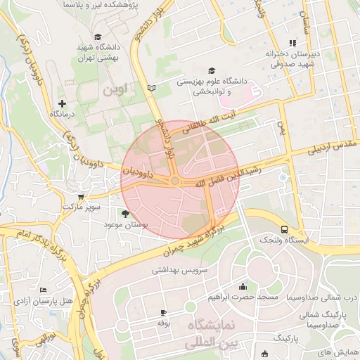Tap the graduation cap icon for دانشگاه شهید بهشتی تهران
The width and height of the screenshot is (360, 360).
[x=97, y=37]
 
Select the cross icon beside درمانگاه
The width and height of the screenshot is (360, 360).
[x=63, y=103]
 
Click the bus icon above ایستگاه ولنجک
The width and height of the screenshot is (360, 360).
[x=284, y=229]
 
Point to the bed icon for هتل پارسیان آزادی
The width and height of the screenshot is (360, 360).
[x=43, y=290]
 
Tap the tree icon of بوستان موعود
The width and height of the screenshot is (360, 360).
[x=126, y=213]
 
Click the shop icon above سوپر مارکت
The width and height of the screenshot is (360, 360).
[x=82, y=197]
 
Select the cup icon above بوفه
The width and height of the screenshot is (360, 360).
[x=164, y=312]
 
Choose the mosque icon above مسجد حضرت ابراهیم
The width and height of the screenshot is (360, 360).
[x=243, y=286]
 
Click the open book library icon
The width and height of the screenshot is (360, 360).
[x=151, y=88]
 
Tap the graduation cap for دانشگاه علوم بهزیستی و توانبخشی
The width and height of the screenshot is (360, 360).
[x=212, y=70]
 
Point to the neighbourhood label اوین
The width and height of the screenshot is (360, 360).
[x=115, y=90]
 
